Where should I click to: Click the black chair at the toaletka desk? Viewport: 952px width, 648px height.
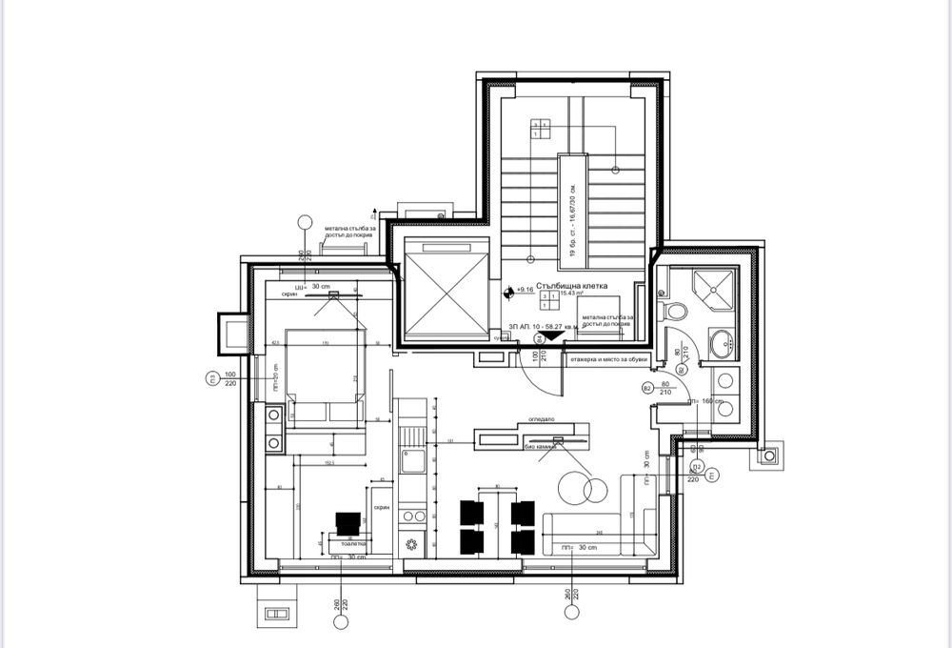coord(347,521)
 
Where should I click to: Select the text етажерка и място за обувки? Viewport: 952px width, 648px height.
coord(609,360)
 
